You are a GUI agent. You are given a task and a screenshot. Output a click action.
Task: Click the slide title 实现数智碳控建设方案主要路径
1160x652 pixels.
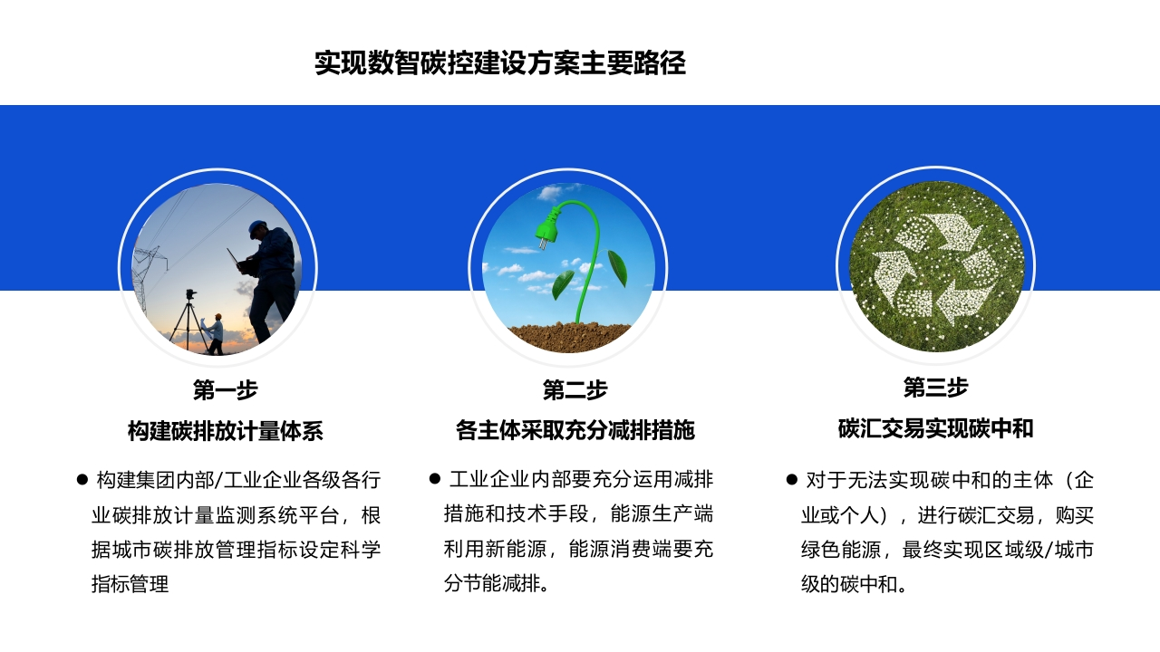pos(500,63)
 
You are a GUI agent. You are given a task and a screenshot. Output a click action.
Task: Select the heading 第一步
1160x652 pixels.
pos(226,389)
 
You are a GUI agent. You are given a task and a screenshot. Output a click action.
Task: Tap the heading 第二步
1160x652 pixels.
pos(575,389)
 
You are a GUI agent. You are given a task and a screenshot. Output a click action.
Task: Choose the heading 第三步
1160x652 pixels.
pos(935,387)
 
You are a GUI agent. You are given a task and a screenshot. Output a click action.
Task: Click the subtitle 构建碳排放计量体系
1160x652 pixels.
pos(226,431)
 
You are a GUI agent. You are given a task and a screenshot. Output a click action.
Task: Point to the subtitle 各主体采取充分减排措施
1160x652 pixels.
pos(575,430)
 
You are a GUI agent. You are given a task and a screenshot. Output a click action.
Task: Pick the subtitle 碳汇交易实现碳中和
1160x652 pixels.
pos(935,428)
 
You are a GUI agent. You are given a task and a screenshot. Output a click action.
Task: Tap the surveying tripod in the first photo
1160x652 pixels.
pos(189,321)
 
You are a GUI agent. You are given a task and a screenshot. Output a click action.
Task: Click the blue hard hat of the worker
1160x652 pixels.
pos(257,227)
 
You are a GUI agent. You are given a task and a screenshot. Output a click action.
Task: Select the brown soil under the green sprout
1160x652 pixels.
pos(569,337)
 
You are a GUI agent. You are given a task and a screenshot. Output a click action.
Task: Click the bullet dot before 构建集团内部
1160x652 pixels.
pos(82,480)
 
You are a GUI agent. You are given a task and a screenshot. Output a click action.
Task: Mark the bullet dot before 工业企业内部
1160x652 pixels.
pos(434,479)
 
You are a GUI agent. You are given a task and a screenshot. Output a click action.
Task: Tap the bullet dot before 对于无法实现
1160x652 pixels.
pos(791,480)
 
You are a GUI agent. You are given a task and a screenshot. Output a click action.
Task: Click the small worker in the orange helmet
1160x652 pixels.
pos(215,334)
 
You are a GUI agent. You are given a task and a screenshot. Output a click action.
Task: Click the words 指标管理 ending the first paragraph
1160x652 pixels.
pos(130,584)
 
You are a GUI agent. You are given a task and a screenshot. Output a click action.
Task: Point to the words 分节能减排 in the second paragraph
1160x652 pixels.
pos(492,583)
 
